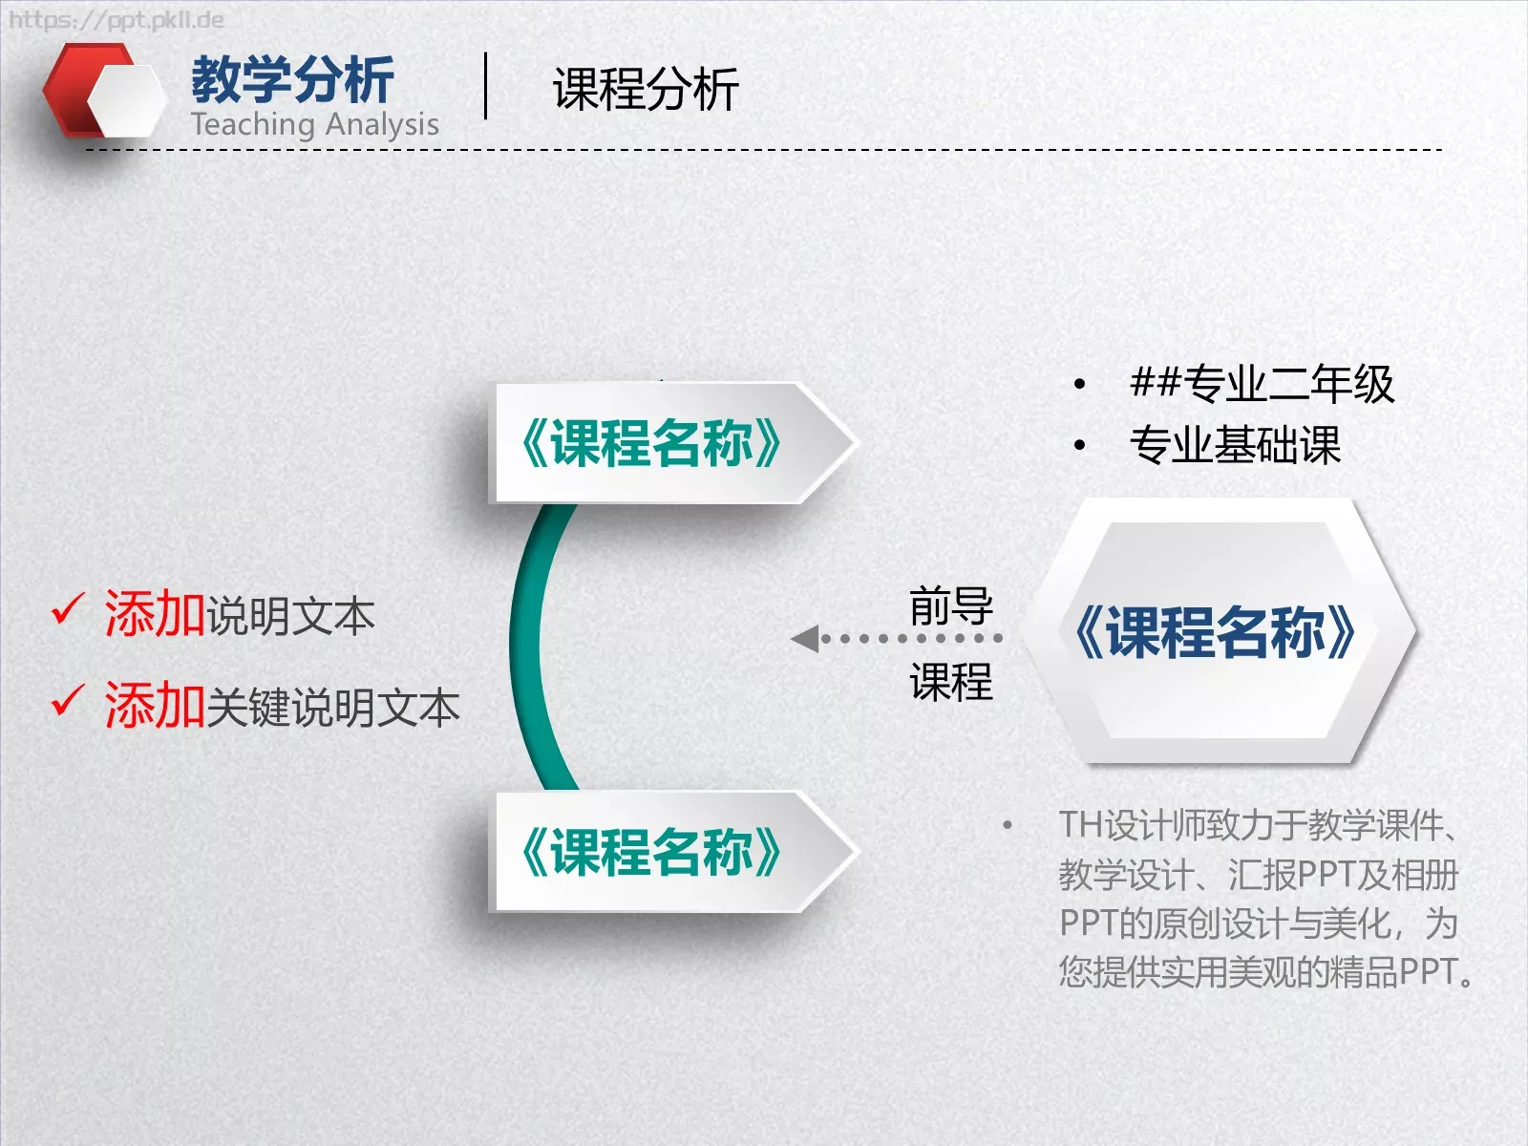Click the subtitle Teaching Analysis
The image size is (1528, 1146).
pos(314,124)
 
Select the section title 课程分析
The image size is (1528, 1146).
pos(646,90)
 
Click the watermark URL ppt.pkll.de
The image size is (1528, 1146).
pos(116,20)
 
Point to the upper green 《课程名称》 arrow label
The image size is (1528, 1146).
pos(651,443)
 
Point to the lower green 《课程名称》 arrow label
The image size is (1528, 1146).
pos(651,852)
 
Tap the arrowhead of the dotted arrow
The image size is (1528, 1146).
pos(804,638)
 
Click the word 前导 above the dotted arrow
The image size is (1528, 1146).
pos(950,605)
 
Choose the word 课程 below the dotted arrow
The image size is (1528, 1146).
pos(950,682)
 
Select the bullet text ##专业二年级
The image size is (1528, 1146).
pos(1261,384)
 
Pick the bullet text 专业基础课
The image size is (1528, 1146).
pos(1235,445)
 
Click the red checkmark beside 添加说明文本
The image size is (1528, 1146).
pos(68,609)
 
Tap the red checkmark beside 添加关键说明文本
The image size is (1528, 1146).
pos(68,701)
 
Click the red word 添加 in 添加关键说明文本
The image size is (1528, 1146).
pos(155,706)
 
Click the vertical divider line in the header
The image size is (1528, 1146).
pos(486,86)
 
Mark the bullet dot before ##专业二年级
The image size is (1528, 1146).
pos(1079,385)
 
